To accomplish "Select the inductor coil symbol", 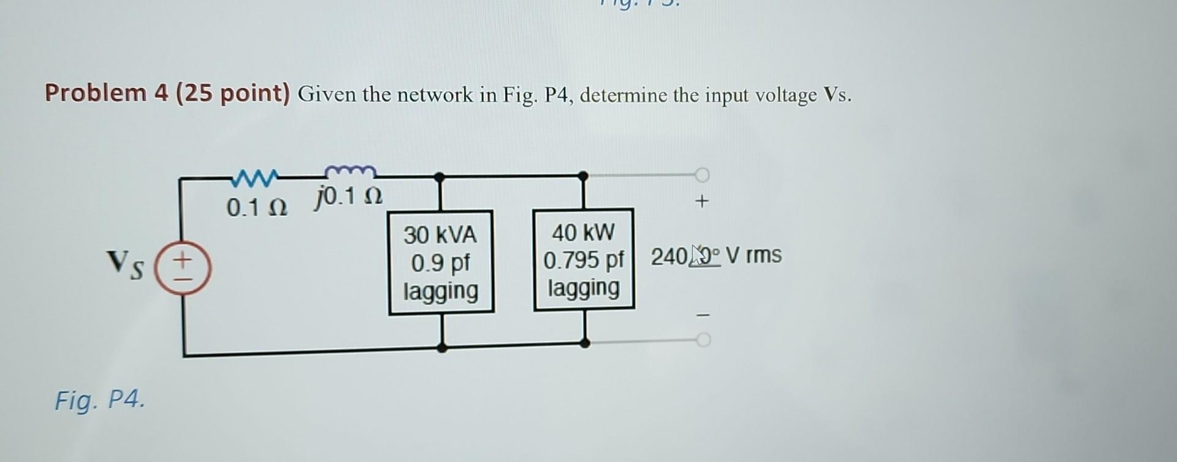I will (349, 171).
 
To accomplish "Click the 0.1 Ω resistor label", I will (256, 208).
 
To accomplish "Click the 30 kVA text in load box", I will (440, 234).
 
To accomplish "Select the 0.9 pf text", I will (440, 263).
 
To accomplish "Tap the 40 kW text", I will (583, 233).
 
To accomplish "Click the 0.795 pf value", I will (583, 260).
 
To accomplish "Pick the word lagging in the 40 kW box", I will (583, 287).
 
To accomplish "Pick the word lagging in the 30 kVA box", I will (441, 290).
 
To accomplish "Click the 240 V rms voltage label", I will (715, 255).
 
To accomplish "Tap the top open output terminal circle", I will (702, 175).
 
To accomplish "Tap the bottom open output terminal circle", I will (703, 340).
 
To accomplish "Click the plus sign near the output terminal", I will (703, 201).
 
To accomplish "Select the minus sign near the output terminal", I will (704, 315).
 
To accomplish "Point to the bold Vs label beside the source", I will (126, 264).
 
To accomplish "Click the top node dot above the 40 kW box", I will (583, 177).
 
